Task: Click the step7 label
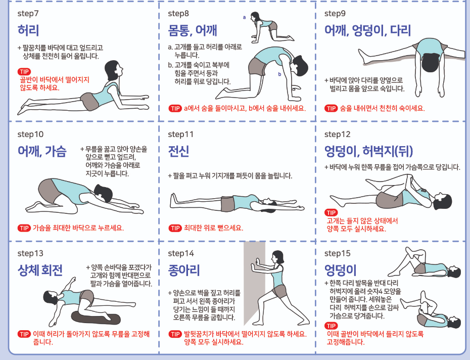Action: click(28, 14)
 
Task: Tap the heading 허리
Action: click(28, 30)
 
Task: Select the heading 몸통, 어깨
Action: click(193, 30)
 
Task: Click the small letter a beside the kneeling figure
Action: click(244, 17)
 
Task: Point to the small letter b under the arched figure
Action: click(279, 74)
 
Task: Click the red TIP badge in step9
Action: click(331, 108)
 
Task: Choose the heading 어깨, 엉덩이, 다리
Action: click(367, 30)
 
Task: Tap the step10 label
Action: click(30, 134)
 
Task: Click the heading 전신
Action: click(178, 151)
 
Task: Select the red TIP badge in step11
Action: click(175, 228)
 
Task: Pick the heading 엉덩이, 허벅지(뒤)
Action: click(369, 151)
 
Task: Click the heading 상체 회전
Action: click(40, 270)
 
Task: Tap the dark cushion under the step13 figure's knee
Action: click(96, 318)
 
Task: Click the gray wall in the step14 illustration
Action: click(254, 282)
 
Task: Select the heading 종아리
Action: click(184, 270)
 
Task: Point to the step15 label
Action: click(337, 253)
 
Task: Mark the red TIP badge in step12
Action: click(331, 213)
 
